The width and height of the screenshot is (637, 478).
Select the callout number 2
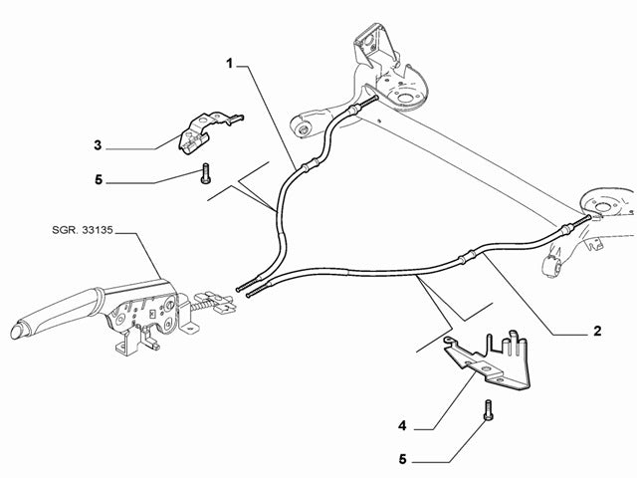[597, 331]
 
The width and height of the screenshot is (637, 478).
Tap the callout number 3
[99, 146]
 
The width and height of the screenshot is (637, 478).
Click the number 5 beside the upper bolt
[99, 182]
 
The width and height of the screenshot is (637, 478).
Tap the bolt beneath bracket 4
[487, 408]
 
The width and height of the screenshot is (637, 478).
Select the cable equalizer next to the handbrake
[211, 300]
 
